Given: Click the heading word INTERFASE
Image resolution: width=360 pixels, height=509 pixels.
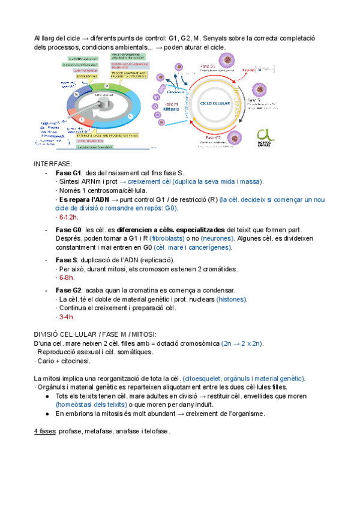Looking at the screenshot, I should (53, 163).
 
